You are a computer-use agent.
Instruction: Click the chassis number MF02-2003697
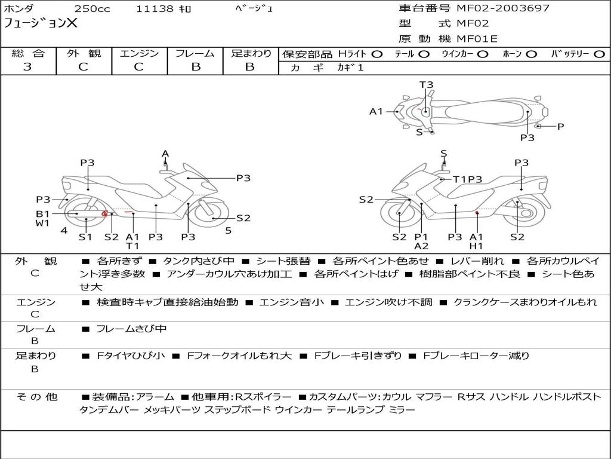point(503,8)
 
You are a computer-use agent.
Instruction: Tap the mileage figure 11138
point(155,9)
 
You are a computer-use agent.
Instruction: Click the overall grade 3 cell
point(27,67)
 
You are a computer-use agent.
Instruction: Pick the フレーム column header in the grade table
point(195,53)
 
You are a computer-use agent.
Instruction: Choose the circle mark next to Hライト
point(377,54)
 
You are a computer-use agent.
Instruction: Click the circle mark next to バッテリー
point(599,54)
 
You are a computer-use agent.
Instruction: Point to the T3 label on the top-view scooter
point(426,85)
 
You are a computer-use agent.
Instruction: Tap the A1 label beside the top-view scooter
point(376,111)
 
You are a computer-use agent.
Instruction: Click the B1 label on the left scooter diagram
point(42,213)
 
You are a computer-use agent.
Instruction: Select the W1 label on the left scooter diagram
point(42,224)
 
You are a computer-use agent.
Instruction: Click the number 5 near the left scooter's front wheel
point(228,230)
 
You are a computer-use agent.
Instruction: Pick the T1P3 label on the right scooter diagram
point(467,179)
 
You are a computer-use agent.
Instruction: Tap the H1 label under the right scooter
point(476,246)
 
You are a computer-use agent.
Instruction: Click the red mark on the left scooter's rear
point(104,213)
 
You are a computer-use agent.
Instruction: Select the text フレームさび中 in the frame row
point(131,329)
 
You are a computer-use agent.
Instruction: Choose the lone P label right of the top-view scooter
point(560,126)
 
